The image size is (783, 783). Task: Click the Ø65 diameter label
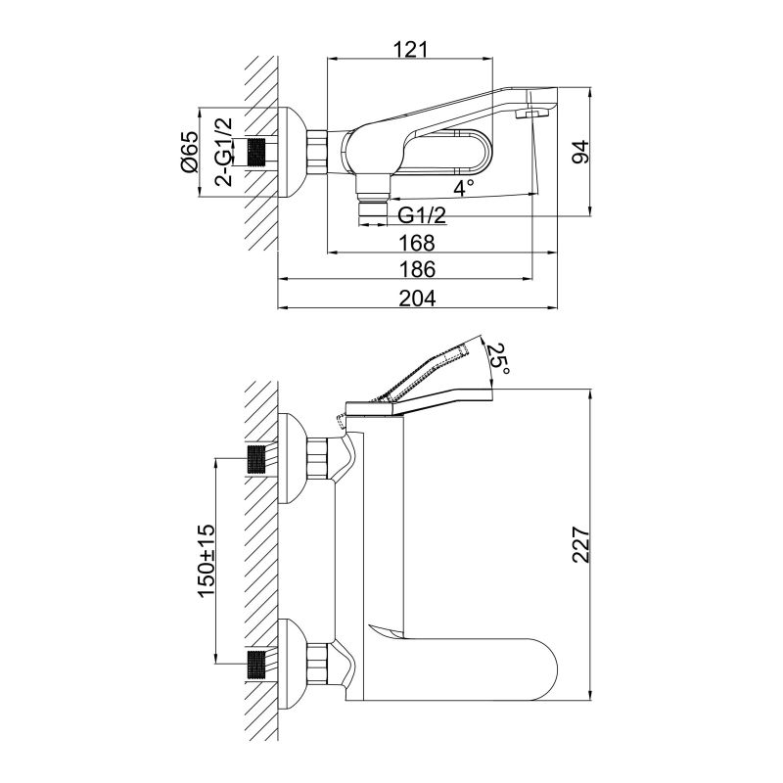pyautogui.click(x=190, y=152)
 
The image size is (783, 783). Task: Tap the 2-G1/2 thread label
pyautogui.click(x=223, y=152)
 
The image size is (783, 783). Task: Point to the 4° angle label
pyautogui.click(x=463, y=185)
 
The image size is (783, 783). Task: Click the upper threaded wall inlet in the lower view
pyautogui.click(x=258, y=459)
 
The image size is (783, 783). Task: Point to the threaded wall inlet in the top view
pyautogui.click(x=258, y=152)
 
